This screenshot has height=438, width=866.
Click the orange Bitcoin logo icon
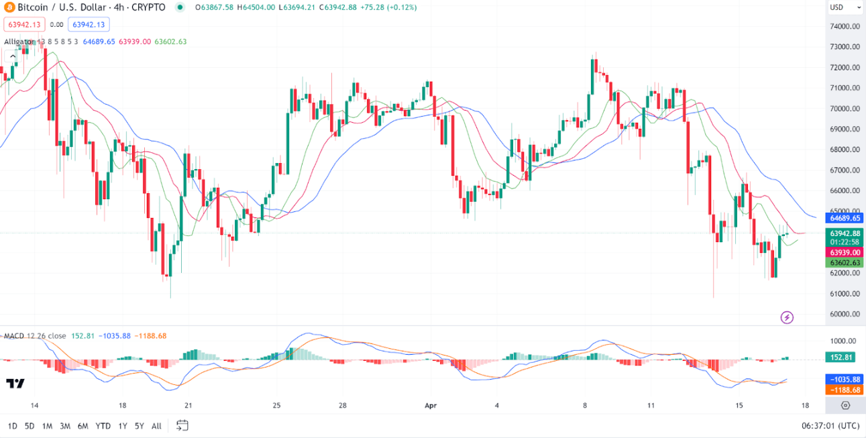tap(10, 7)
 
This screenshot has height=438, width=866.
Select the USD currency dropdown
tap(845, 7)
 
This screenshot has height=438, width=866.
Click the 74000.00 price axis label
tap(845, 27)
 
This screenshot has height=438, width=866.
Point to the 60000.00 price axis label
tap(845, 314)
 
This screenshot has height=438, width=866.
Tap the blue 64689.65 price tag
tap(845, 218)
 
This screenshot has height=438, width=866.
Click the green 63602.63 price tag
tap(845, 263)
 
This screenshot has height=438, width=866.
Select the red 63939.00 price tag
tap(845, 252)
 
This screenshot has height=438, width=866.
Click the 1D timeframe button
tap(13, 426)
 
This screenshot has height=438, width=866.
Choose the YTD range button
tap(103, 426)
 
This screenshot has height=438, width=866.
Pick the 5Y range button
tap(139, 426)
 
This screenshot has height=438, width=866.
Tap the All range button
tap(156, 426)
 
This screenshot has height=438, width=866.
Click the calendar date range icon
tap(182, 425)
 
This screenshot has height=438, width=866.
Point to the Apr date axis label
tap(431, 405)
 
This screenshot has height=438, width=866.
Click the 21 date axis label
tap(188, 405)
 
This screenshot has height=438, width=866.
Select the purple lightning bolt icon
tap(788, 317)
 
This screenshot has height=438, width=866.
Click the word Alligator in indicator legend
tap(19, 42)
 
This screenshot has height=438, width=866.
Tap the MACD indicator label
tap(14, 335)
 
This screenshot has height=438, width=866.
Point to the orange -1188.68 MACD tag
tap(844, 390)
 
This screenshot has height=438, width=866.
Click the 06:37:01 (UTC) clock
tap(830, 426)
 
